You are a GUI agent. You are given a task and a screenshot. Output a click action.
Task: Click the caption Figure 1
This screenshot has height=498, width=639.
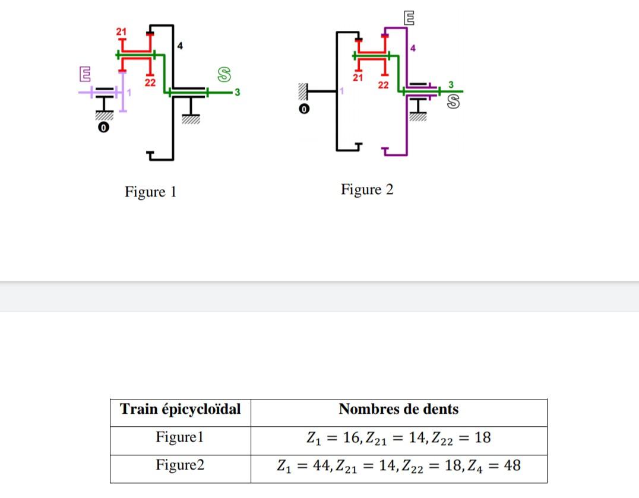[150, 192]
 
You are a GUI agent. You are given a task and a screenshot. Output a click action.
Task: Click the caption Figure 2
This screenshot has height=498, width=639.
[367, 189]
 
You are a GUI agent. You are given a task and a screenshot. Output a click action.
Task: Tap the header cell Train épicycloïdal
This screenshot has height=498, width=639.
[181, 410]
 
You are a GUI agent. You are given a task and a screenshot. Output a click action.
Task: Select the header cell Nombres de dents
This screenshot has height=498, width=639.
[398, 410]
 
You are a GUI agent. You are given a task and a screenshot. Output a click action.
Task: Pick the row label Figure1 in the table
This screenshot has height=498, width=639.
[180, 437]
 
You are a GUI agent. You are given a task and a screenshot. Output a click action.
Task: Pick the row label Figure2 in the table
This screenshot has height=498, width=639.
[180, 465]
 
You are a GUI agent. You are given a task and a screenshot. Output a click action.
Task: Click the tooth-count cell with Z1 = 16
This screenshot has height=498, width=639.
[398, 438]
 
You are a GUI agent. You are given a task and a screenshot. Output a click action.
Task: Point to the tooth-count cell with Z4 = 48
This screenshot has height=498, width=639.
[398, 465]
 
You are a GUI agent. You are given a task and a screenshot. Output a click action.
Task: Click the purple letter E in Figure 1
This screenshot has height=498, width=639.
[86, 74]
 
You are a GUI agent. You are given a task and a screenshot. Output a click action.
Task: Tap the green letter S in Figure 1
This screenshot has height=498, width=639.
[224, 74]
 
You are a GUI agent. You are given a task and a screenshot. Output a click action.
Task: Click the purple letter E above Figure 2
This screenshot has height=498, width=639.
[409, 18]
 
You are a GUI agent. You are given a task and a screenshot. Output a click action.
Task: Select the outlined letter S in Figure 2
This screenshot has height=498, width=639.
[453, 102]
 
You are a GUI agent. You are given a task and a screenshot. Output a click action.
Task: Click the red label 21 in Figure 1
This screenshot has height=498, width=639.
[121, 31]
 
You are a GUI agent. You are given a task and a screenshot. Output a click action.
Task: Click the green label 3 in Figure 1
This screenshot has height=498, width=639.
[237, 92]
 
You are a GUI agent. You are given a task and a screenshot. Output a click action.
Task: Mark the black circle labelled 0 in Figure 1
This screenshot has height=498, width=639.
[103, 127]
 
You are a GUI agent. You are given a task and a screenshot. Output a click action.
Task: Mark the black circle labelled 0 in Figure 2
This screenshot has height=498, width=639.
[303, 109]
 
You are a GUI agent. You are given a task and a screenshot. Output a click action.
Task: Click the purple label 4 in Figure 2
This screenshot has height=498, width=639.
[413, 47]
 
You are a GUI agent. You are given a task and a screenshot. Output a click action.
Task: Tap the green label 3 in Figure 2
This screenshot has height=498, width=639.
[451, 84]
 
